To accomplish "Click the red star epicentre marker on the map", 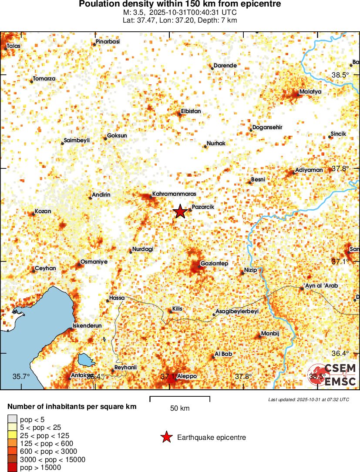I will pos(180,211).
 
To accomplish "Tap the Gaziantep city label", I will pos(214,264).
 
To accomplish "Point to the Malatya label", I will pos(310,92).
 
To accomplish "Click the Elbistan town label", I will pos(191,111).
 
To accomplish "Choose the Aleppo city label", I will pos(187,376).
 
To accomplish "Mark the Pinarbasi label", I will pos(108,42).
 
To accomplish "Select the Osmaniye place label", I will pos(94,262).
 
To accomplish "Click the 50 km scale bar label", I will pos(179,408).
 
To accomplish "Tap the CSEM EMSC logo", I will pos(333,374).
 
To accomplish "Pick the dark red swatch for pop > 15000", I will pos(11,468).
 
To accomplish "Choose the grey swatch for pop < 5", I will pos(11,419).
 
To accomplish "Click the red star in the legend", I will pos(166,437).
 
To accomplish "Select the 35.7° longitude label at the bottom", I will pos(21,376).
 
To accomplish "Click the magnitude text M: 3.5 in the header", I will pos(136,12).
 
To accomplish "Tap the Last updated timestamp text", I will pos(309,399).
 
